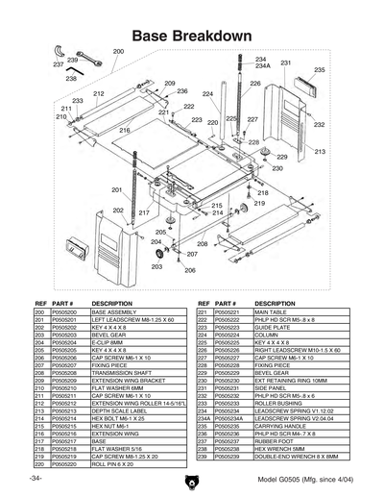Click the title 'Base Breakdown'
point(192,36)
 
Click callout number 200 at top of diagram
point(118,50)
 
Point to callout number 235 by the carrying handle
point(320,70)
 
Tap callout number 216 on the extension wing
point(125,130)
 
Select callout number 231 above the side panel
point(286,63)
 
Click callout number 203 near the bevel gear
point(156,266)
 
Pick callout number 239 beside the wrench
point(72,60)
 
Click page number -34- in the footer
point(36,479)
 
